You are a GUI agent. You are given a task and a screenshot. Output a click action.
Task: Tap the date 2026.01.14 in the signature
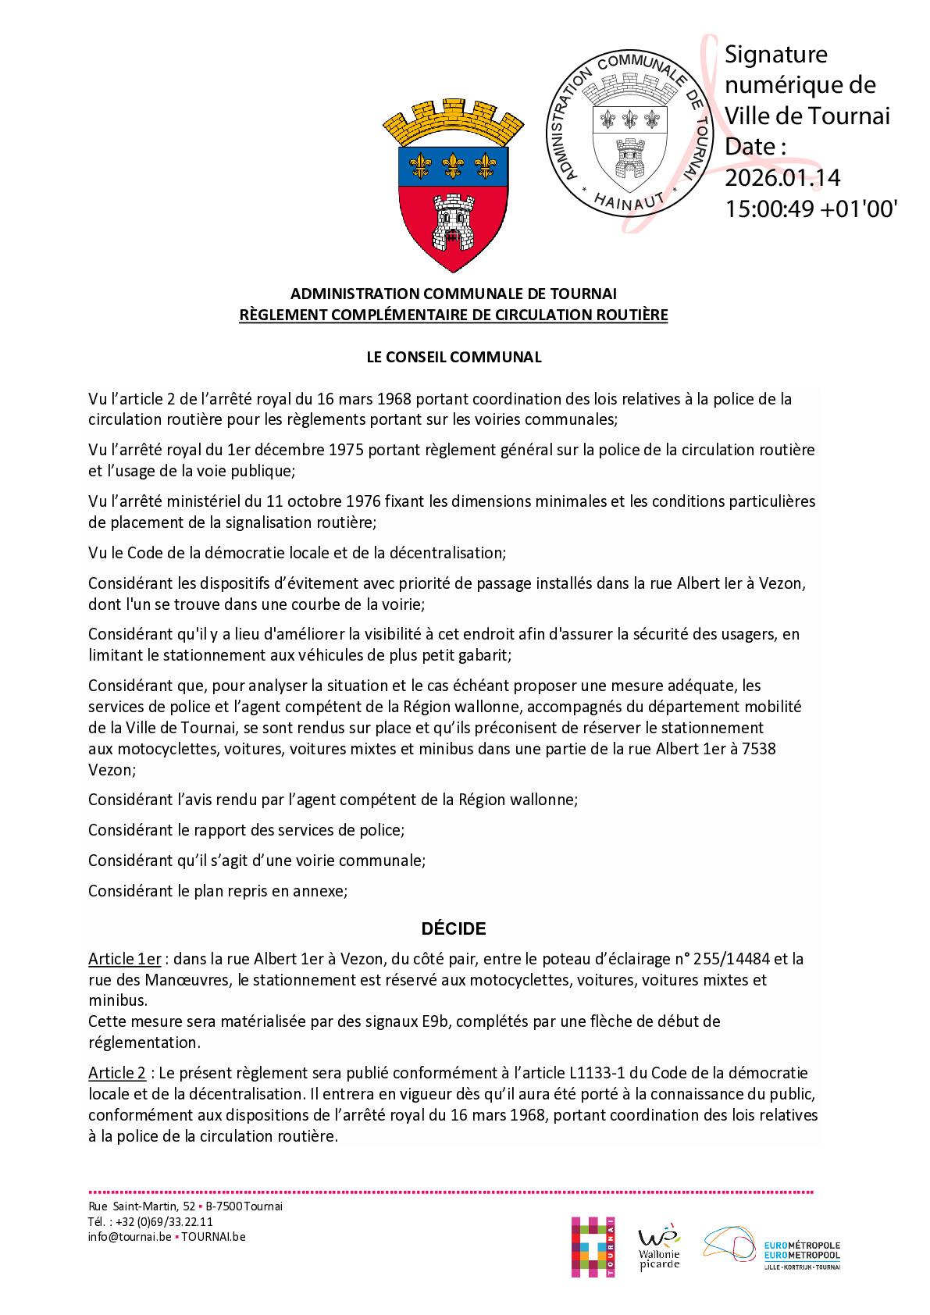coord(782,178)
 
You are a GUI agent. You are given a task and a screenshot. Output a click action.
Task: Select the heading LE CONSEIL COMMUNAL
coord(454,357)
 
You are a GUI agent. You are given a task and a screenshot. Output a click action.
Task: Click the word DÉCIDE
coord(454,928)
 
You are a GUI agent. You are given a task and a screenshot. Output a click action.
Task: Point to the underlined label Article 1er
coord(124,959)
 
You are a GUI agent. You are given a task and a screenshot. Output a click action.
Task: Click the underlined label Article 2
coord(117,1073)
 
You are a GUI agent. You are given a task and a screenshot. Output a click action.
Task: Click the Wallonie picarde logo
coord(659,1248)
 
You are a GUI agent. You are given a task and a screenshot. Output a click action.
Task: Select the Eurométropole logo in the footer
coord(772,1248)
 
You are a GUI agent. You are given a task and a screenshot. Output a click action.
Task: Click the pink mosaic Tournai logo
coord(593,1246)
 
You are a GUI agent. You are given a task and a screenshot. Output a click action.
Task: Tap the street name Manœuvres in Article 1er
coord(185,980)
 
